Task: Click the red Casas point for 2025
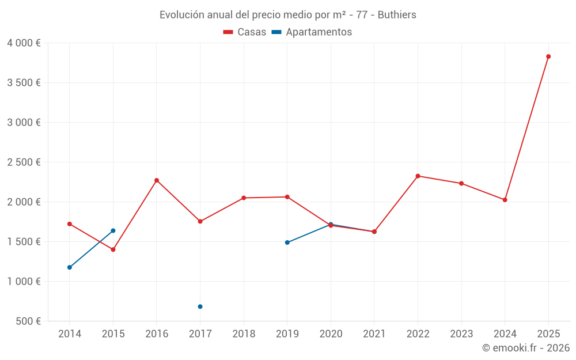(548, 56)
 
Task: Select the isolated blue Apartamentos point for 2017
(200, 306)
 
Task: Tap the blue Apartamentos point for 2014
(70, 267)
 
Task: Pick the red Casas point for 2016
(157, 180)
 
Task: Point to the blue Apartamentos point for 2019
(287, 242)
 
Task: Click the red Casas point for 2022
(418, 176)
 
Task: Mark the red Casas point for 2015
(113, 249)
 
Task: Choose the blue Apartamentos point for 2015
(113, 230)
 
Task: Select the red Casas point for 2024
(505, 200)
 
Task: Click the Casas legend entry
(245, 32)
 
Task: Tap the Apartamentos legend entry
(312, 32)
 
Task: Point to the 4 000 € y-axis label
(24, 43)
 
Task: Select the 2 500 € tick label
(24, 162)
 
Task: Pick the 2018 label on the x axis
(244, 334)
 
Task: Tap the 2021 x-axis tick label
(374, 334)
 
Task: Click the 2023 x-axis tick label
(461, 334)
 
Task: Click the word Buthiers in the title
(396, 15)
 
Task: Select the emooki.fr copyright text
(525, 348)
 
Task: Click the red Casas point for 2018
(244, 198)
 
